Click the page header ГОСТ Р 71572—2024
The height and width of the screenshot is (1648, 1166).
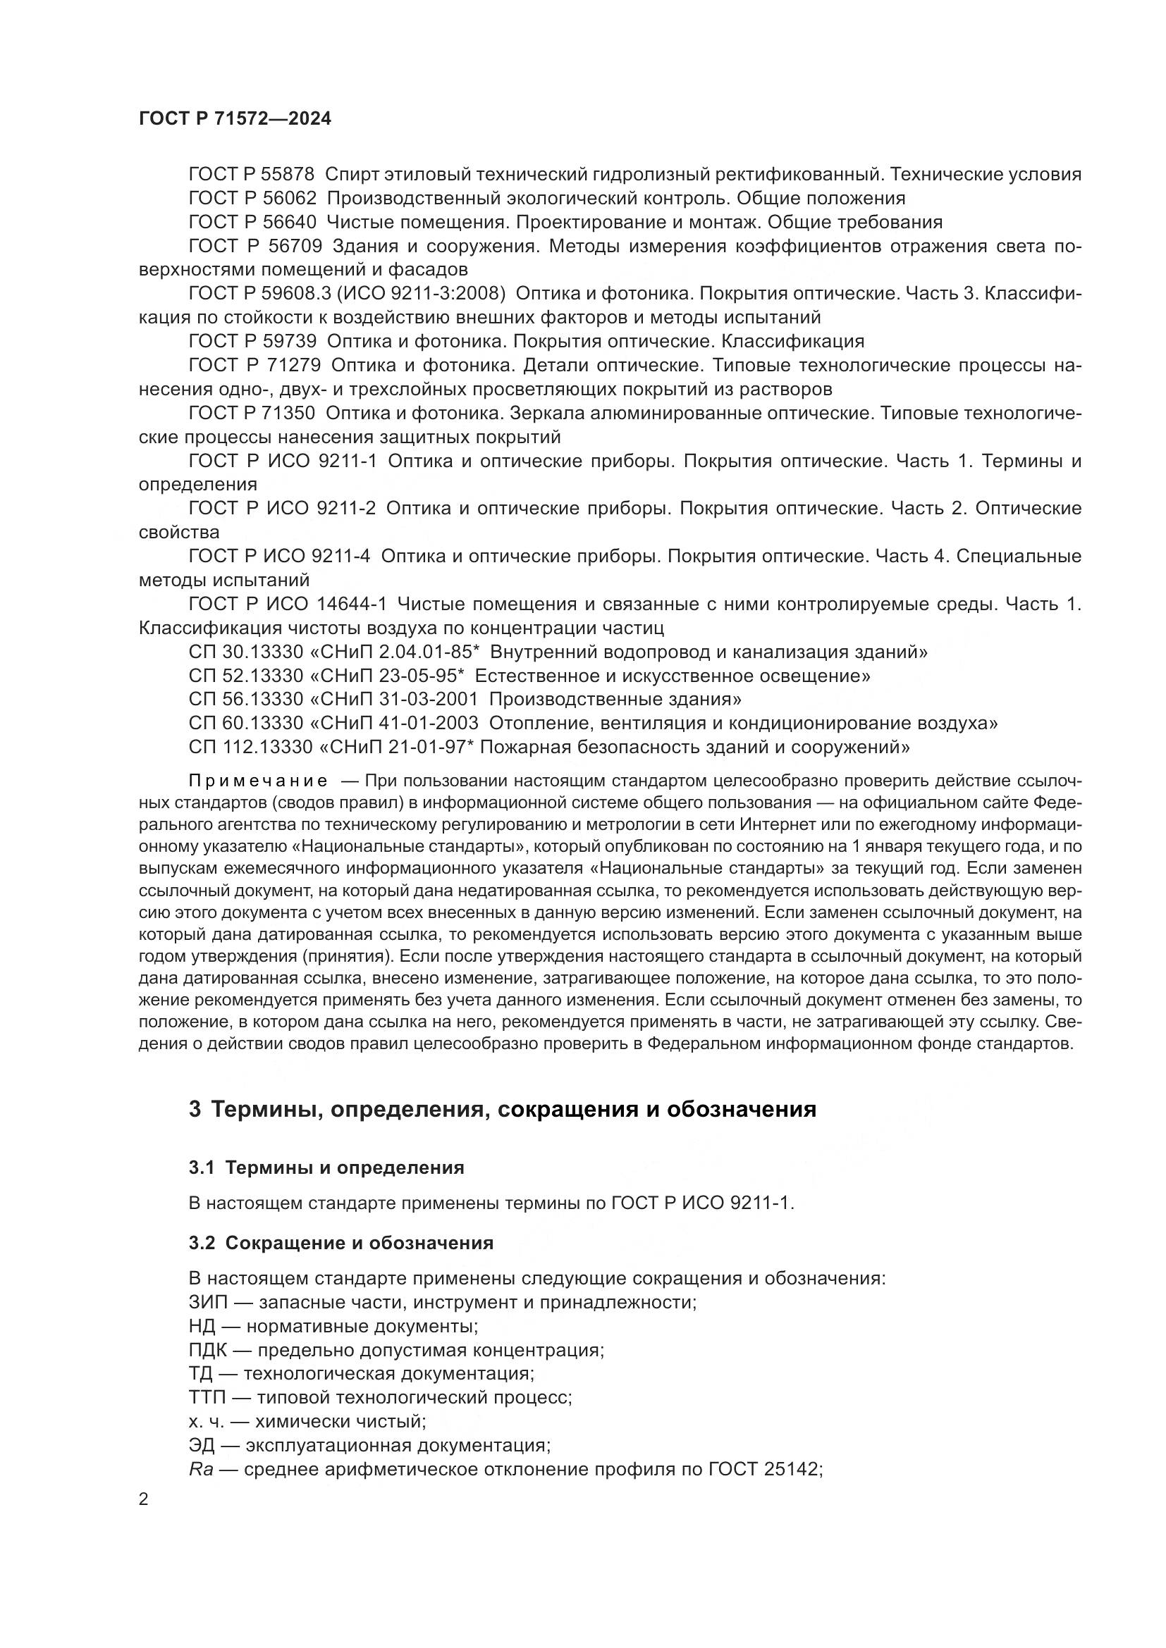click(x=235, y=119)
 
